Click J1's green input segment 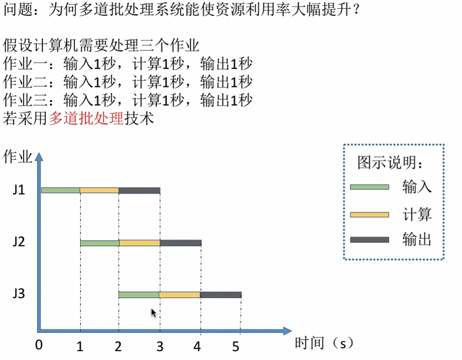(x=61, y=190)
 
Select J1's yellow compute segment (x=99, y=190)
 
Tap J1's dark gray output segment (x=139, y=190)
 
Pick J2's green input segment (x=100, y=243)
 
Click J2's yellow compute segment (x=139, y=243)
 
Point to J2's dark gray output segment (x=181, y=243)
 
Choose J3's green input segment (x=139, y=294)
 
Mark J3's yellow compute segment (x=179, y=294)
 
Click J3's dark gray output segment (x=221, y=294)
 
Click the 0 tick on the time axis (x=39, y=345)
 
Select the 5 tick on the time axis (x=236, y=346)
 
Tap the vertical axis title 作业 (x=18, y=156)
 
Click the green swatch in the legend (x=369, y=186)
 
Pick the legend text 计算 (x=417, y=214)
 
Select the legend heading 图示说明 (x=390, y=162)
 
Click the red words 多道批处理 (x=86, y=118)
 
